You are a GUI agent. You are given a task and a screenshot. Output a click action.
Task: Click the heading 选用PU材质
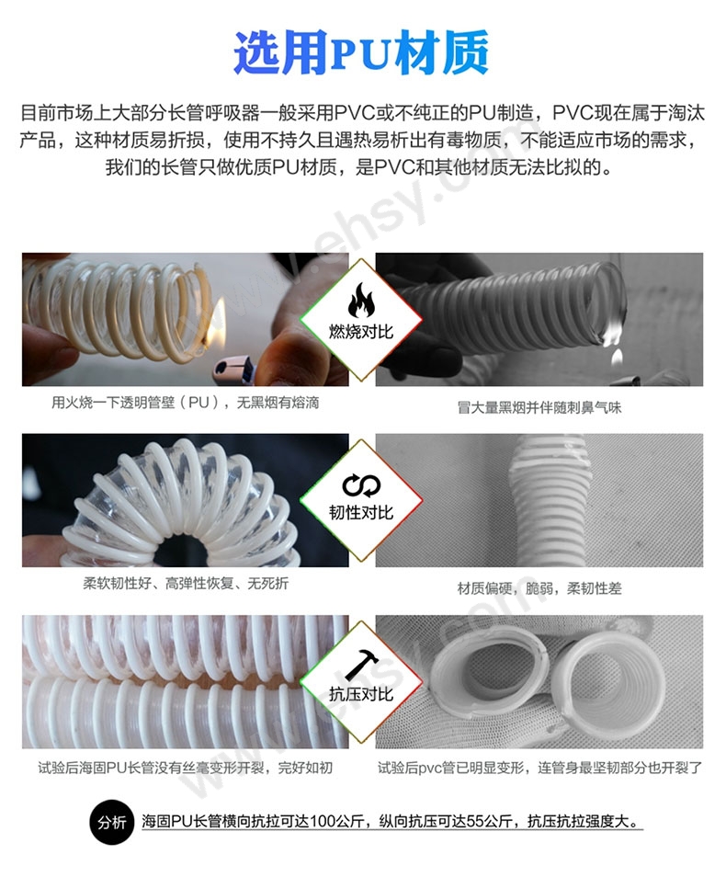tap(361, 52)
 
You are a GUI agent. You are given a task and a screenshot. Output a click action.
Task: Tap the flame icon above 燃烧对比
tap(361, 301)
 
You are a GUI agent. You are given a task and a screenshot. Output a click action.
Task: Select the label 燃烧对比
tap(361, 332)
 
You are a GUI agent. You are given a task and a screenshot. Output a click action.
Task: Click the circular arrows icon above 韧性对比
tap(361, 485)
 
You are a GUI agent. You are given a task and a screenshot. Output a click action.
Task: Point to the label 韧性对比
tap(361, 512)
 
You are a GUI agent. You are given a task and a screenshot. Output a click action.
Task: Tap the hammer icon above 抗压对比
tap(362, 665)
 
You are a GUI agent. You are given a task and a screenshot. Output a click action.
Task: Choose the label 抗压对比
tap(361, 694)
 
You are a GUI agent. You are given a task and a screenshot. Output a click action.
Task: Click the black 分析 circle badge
tap(112, 822)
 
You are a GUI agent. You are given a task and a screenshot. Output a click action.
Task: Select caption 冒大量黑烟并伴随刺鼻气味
tap(539, 408)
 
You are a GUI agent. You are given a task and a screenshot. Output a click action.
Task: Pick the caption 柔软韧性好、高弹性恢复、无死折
tap(186, 584)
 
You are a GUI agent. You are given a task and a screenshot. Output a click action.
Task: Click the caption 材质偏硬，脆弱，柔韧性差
tap(539, 588)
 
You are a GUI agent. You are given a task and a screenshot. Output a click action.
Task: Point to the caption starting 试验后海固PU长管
tap(185, 768)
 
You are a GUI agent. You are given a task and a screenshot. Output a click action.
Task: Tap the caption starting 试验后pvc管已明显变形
tap(539, 768)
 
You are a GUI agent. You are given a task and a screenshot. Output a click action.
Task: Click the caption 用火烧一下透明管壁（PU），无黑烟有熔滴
tap(185, 403)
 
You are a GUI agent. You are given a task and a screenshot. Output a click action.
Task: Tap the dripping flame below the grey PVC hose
tap(617, 357)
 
